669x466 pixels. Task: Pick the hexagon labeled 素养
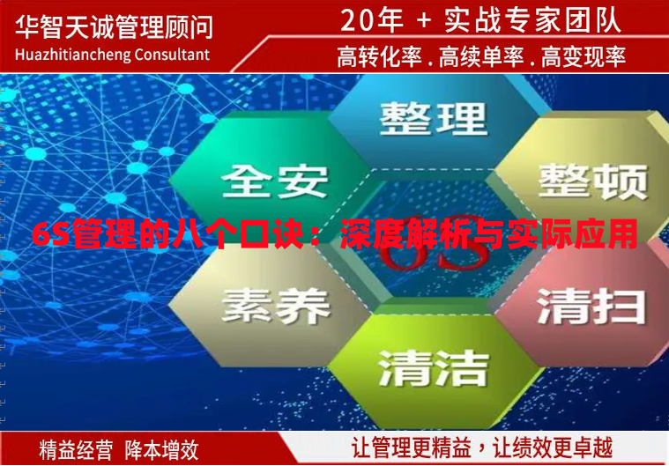pos(275,304)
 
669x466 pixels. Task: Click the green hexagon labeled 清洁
pos(433,365)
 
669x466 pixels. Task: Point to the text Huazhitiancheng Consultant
pos(113,55)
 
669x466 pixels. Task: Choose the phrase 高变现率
pos(583,57)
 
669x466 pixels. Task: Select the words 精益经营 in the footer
pos(76,449)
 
